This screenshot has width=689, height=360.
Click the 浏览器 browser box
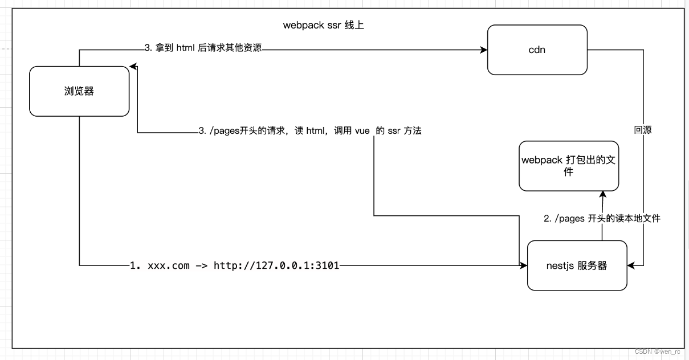click(79, 91)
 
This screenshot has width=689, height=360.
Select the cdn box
click(537, 50)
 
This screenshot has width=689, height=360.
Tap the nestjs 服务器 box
click(577, 265)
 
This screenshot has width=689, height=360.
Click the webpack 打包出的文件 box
click(568, 166)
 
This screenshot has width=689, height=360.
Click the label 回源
click(643, 130)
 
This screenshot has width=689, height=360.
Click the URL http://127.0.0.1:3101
click(276, 265)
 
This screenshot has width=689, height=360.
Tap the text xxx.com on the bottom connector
click(169, 265)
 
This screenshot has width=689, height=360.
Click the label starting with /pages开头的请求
click(311, 131)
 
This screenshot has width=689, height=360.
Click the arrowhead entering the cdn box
click(484, 50)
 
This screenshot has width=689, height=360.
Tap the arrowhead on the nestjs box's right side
click(631, 265)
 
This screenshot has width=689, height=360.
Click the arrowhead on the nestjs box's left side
click(524, 265)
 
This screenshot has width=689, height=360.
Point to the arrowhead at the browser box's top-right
click(133, 67)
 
